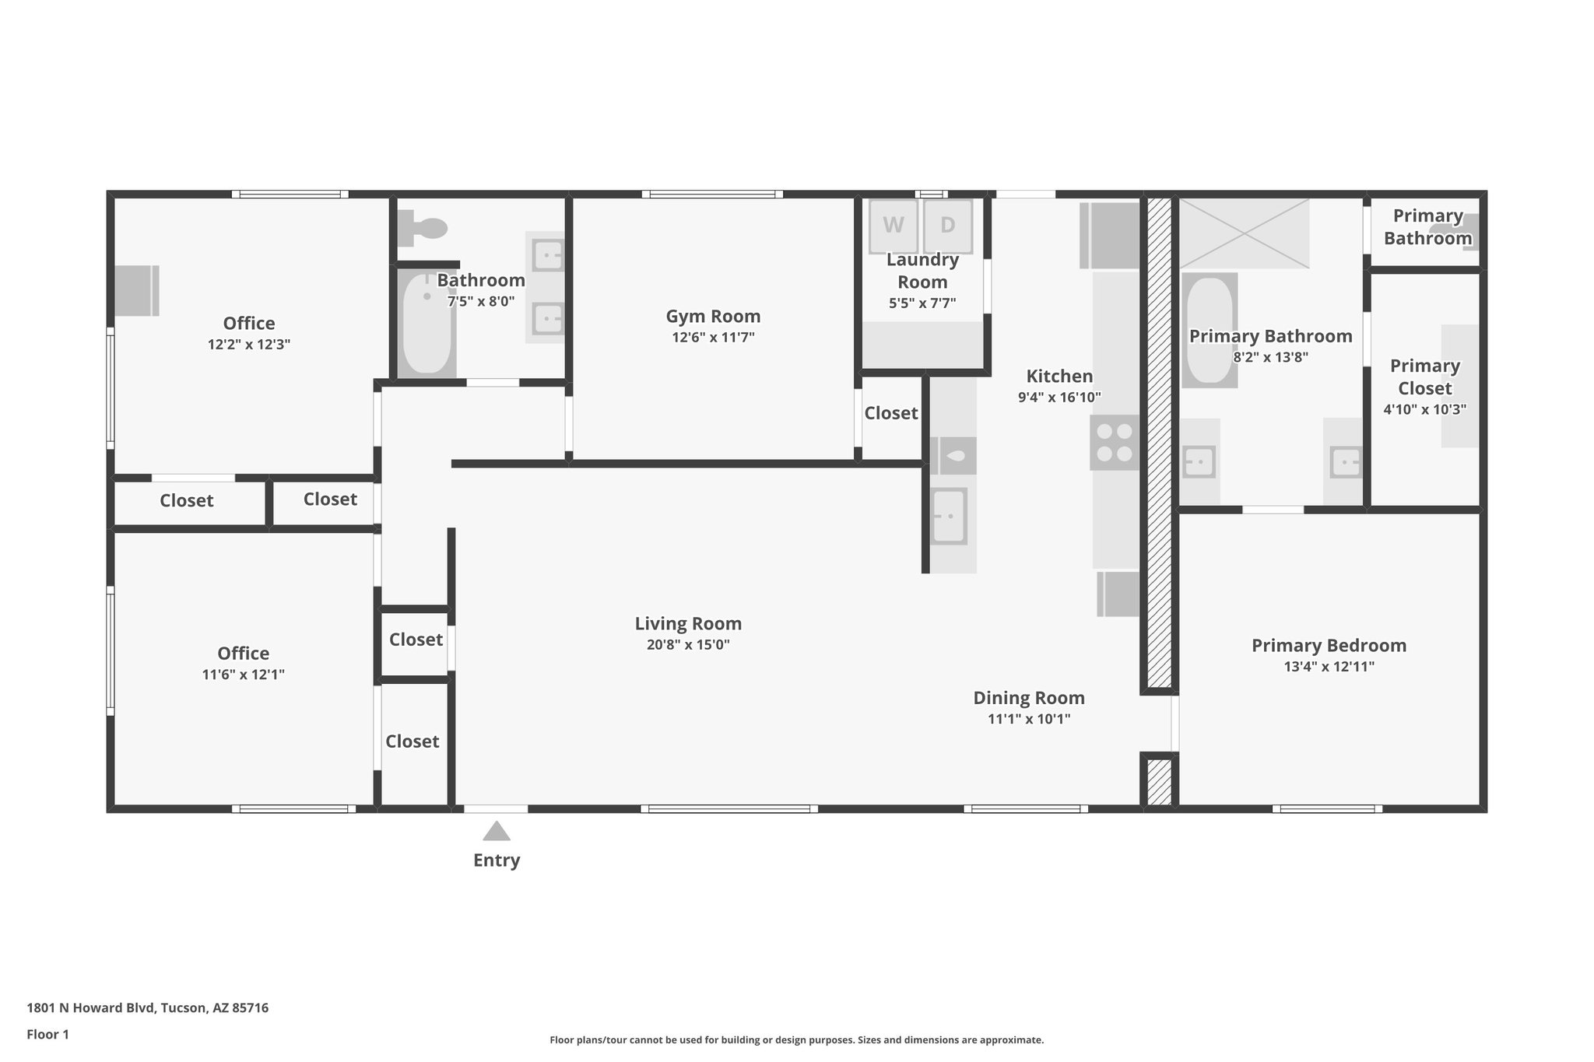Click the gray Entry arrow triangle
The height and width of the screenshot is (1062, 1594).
click(x=497, y=832)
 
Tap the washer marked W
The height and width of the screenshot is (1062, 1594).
click(x=894, y=226)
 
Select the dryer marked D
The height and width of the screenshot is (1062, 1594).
click(x=947, y=226)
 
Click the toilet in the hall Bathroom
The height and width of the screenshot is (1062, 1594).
click(x=423, y=228)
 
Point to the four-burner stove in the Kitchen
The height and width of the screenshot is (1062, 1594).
click(x=1114, y=442)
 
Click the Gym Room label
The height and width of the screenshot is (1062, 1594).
click(x=713, y=316)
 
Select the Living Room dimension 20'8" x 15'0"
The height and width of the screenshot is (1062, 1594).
click(x=688, y=645)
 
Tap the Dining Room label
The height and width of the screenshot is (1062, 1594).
click(x=1029, y=698)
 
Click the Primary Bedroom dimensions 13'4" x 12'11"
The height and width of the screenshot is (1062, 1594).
click(x=1329, y=667)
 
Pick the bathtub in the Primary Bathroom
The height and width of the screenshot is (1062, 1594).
click(x=1209, y=330)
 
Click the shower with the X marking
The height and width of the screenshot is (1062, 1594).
click(x=1245, y=233)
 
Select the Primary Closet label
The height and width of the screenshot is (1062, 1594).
click(x=1424, y=377)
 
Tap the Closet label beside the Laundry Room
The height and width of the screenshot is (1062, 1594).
click(x=890, y=413)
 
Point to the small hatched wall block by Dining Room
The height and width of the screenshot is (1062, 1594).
click(x=1159, y=780)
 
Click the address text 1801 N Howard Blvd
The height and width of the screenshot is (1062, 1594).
click(x=148, y=1008)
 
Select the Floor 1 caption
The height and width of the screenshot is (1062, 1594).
click(x=48, y=1035)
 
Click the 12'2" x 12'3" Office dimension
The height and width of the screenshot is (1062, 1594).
click(x=249, y=345)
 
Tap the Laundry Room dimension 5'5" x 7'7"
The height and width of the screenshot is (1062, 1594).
click(x=922, y=303)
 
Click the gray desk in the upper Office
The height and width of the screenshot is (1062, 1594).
click(x=137, y=290)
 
